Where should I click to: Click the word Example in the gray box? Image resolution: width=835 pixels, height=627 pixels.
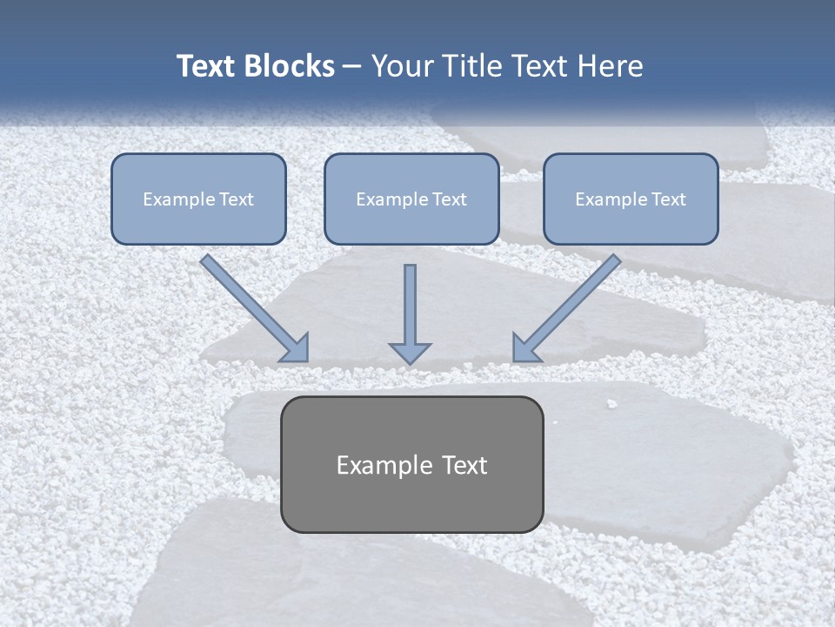372,465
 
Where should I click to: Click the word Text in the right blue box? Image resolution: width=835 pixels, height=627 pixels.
668,199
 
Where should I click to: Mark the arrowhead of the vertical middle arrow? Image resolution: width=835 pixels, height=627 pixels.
410,352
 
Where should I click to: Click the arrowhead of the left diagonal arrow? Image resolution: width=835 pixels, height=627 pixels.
296,348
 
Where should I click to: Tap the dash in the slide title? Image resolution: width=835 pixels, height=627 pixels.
352,66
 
